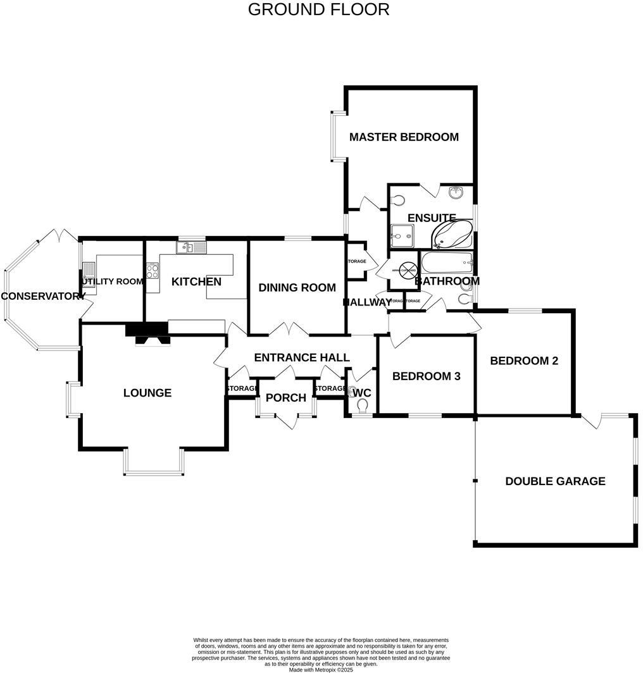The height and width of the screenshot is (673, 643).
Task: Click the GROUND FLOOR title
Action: coord(318,9)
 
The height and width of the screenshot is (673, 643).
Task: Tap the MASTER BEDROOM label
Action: coord(404,137)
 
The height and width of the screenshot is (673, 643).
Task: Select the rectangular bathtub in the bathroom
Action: coord(447,262)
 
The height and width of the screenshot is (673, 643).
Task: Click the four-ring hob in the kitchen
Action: coord(153,271)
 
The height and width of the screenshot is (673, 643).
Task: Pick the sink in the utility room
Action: coord(88,277)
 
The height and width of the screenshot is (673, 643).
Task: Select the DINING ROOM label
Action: coord(297,288)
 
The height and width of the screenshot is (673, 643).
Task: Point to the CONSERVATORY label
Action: coord(43,296)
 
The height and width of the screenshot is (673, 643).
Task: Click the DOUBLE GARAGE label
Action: coord(555,481)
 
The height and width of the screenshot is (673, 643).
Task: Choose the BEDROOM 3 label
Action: coord(426,376)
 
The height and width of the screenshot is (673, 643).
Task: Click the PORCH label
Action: coord(286,398)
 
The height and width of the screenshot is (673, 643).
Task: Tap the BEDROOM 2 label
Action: coord(524,361)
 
